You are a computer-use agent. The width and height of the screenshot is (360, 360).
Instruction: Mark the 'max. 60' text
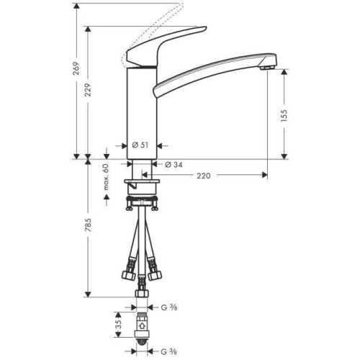click(106, 177)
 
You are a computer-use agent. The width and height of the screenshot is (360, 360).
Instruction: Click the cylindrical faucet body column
click(142, 108)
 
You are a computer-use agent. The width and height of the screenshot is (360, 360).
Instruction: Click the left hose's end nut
click(128, 275)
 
